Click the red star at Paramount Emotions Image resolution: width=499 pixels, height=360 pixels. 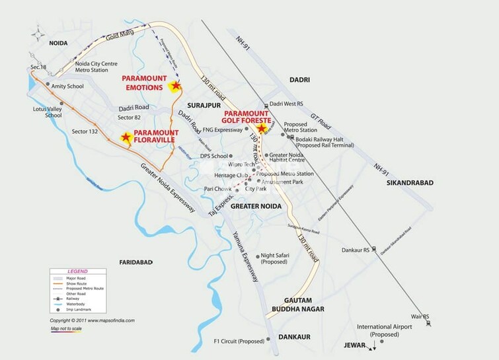pyautogui.click(x=175, y=86)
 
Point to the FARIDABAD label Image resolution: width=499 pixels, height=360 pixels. pyautogui.click(x=137, y=262)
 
